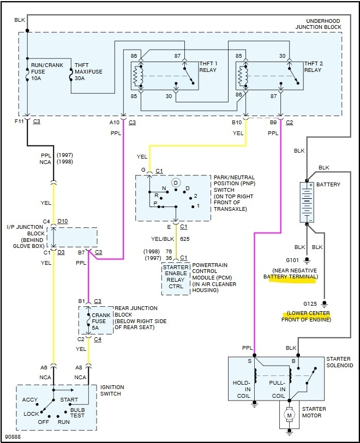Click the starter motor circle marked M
(x=290, y=416)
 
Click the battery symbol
(x=308, y=202)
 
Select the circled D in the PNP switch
(x=176, y=183)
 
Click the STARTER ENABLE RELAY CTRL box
(x=175, y=278)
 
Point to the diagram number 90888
(x=13, y=436)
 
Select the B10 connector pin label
(x=237, y=122)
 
